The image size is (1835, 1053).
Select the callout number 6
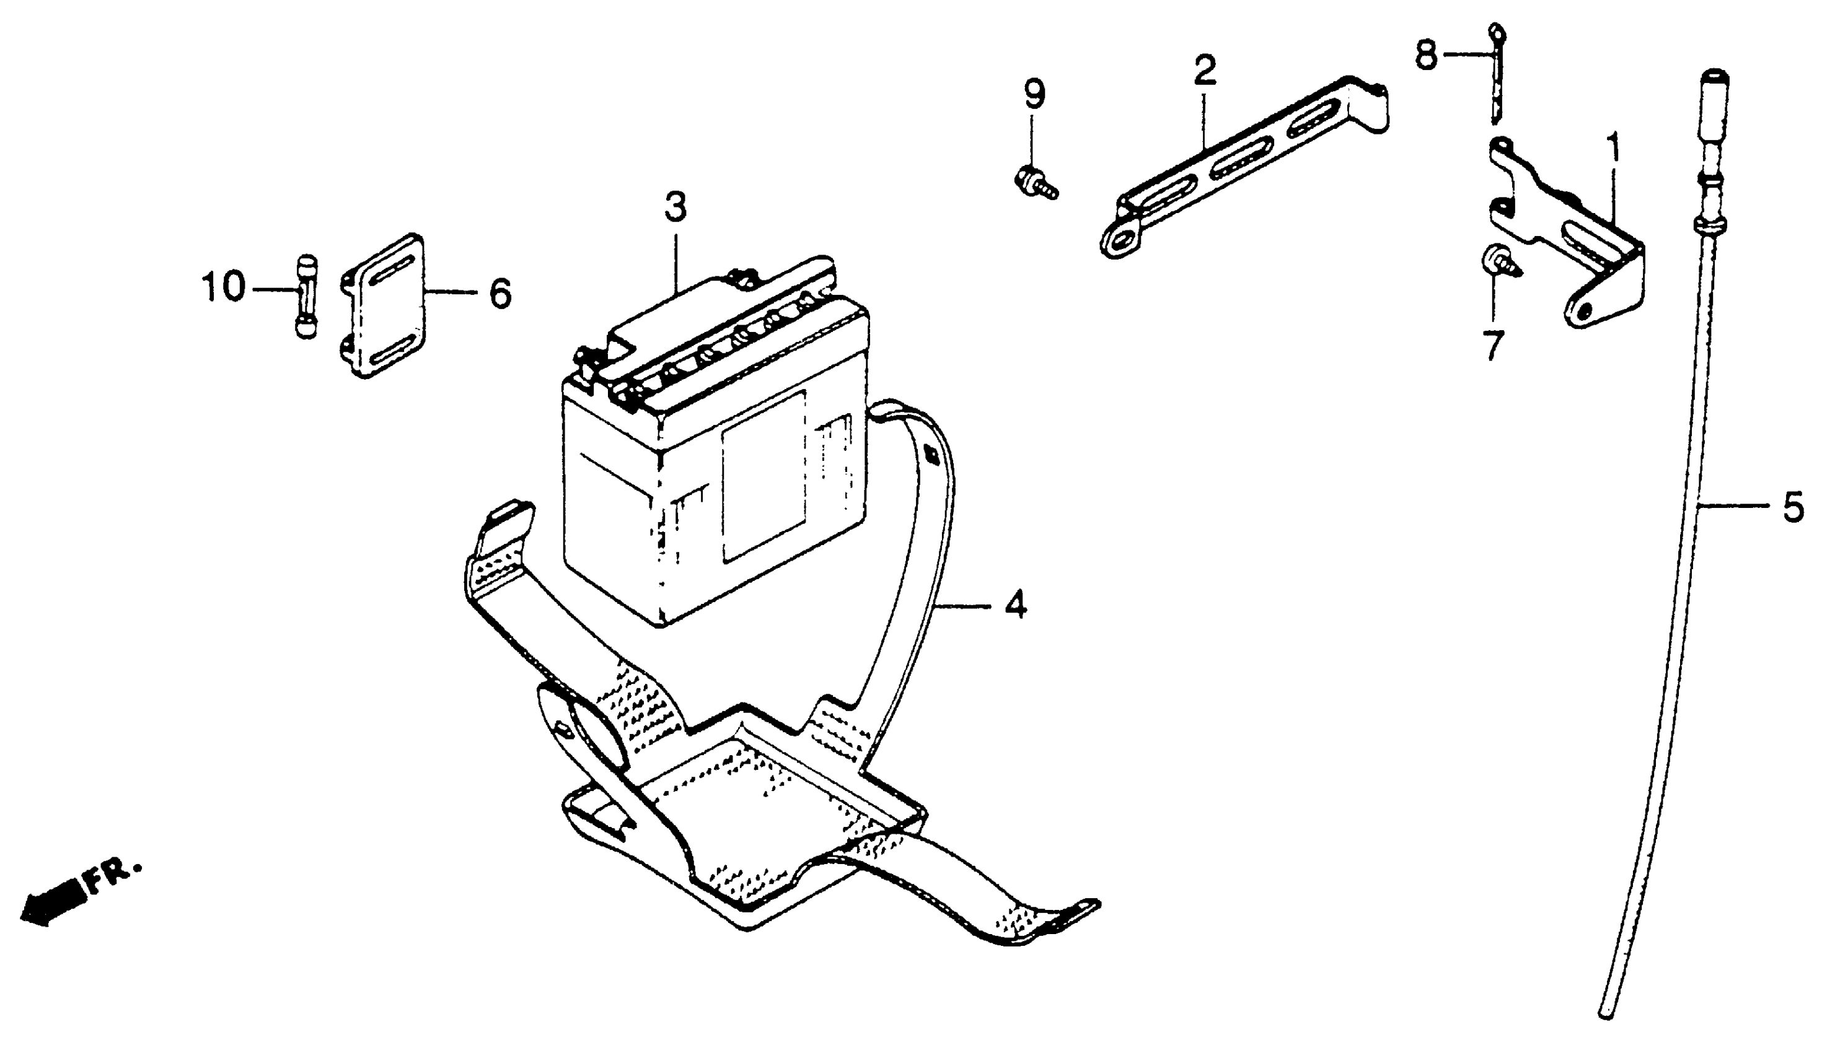tap(500, 294)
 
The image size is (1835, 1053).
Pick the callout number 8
tap(1426, 55)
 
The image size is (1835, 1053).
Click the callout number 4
tap(1016, 605)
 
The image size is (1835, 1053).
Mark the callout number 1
tap(1613, 149)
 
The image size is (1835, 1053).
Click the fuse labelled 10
tap(307, 297)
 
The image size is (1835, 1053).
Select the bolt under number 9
tap(1036, 180)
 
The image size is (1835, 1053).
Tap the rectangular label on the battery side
tap(763, 478)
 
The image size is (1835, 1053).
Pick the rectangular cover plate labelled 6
tap(384, 307)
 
